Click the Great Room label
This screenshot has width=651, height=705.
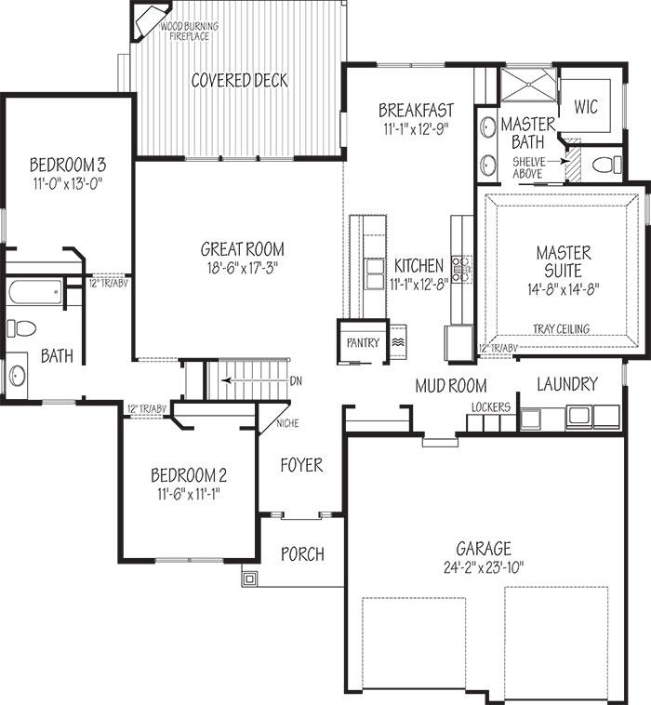tap(243, 249)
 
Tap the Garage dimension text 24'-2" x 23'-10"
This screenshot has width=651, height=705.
tap(484, 567)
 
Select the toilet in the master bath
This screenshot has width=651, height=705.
tap(607, 165)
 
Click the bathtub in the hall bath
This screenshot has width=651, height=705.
tap(35, 291)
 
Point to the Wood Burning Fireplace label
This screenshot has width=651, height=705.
tap(190, 31)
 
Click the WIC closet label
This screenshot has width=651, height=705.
tap(586, 107)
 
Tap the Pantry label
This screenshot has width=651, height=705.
tap(363, 342)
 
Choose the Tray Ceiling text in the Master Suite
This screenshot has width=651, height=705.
tap(561, 328)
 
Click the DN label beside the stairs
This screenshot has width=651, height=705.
tap(296, 381)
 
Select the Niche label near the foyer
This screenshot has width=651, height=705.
tap(287, 423)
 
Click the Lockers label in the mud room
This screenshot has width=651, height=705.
tap(491, 407)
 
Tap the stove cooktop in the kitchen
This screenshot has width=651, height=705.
tap(461, 269)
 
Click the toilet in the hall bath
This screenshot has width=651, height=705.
tap(21, 328)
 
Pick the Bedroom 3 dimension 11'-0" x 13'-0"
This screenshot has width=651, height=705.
tap(68, 184)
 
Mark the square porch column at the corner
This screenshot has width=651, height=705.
tap(249, 579)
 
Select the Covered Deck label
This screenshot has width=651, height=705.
tap(239, 81)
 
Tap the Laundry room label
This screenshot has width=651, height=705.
tap(567, 384)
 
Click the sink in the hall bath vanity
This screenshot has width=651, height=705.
tap(18, 376)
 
